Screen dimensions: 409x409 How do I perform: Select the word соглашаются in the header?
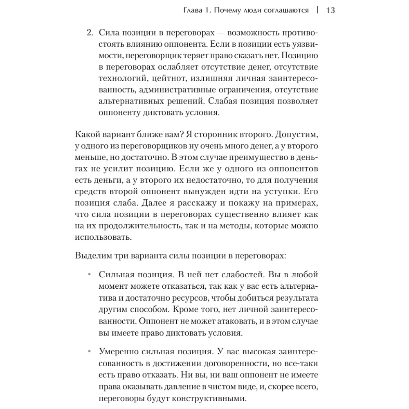[283, 10]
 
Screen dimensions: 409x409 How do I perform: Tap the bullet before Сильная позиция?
[89, 276]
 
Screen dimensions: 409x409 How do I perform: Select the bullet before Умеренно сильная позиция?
[89, 352]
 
